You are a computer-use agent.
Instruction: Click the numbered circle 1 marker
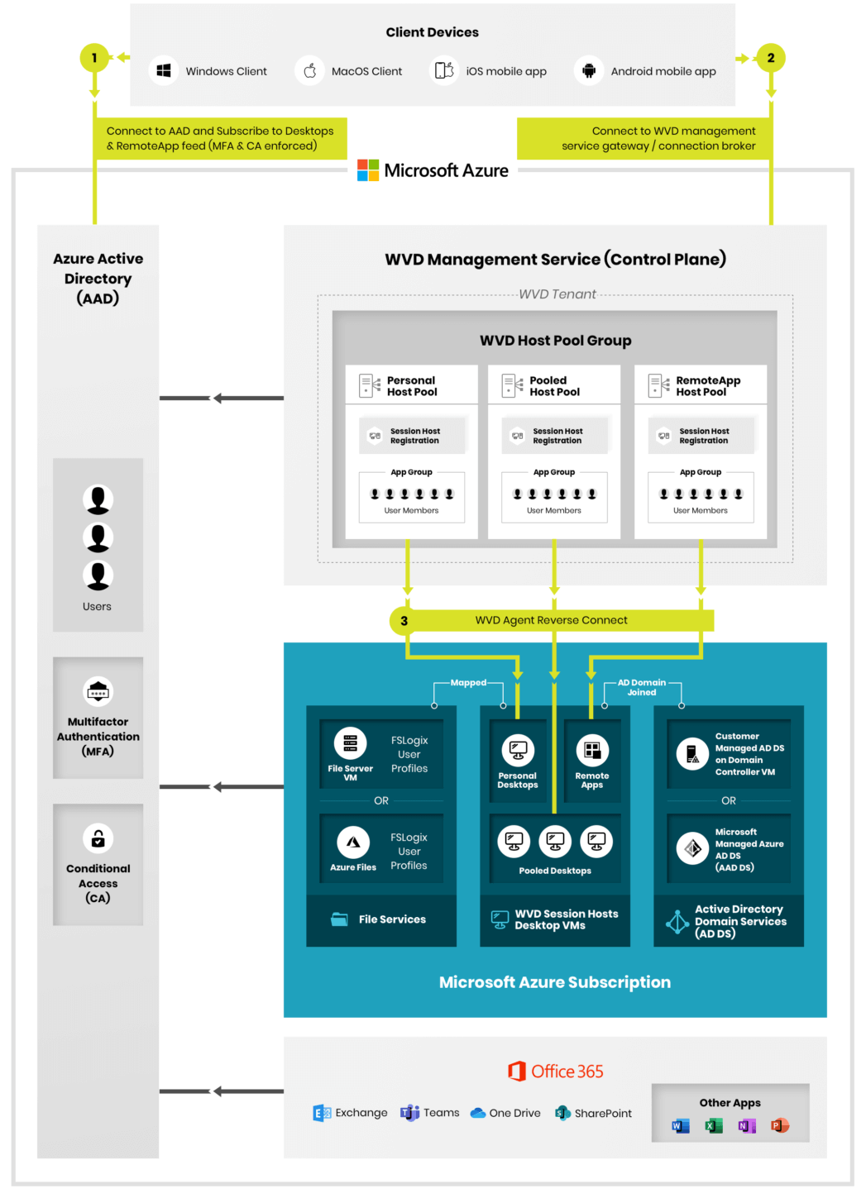point(94,58)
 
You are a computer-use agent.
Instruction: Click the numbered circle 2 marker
point(771,58)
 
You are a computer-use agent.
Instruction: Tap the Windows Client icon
point(164,71)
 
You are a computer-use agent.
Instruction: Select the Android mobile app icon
point(589,71)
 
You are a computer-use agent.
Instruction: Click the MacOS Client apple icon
point(310,71)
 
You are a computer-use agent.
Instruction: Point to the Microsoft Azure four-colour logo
point(368,170)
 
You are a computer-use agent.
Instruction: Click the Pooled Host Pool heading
point(554,386)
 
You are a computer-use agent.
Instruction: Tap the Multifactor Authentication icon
point(98,691)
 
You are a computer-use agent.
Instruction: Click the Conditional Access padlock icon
point(98,838)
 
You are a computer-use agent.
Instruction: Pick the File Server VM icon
point(351,743)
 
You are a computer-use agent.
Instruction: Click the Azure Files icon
point(353,843)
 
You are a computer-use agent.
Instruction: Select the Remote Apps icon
point(592,751)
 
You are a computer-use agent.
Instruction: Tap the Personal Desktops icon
point(518,751)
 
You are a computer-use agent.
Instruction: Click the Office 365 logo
point(518,1072)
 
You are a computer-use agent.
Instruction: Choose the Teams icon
point(409,1113)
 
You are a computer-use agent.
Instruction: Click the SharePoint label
point(603,1114)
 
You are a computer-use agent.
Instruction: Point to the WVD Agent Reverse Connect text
point(551,620)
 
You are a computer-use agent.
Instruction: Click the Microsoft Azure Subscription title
point(555,982)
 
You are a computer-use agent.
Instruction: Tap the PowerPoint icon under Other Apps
point(779,1125)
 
